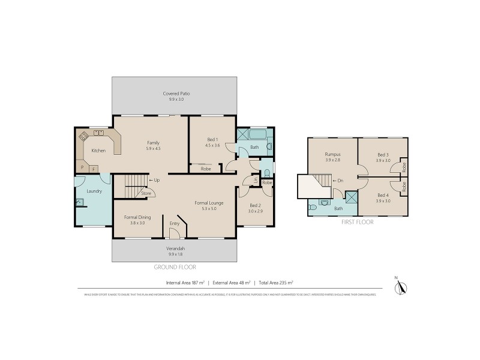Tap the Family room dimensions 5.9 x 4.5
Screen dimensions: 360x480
coord(153,148)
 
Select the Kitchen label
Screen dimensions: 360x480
coord(98,151)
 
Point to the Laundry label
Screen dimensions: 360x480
coord(94,191)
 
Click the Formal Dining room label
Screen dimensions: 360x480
coord(137,217)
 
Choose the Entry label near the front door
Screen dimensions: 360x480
coord(175,224)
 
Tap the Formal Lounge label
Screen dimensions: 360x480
coord(209,203)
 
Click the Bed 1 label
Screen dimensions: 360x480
coord(213,139)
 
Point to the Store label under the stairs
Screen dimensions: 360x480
coord(146,193)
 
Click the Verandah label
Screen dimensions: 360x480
coord(175,248)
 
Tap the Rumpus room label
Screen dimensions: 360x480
coord(332,154)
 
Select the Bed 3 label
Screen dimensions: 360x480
coord(383,154)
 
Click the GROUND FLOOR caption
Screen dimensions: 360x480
coord(175,267)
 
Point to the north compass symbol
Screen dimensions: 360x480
coord(403,287)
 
